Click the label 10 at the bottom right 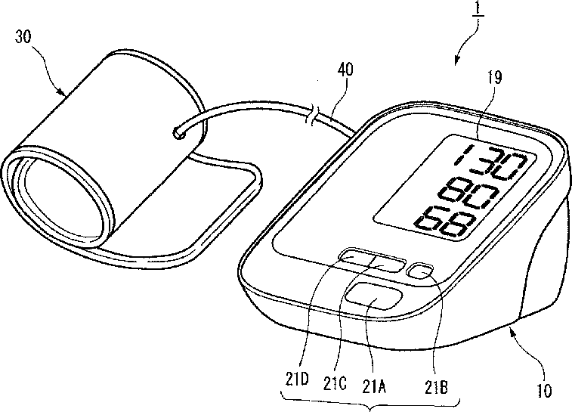pyautogui.click(x=544, y=392)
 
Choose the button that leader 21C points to pyautogui.click(x=385, y=265)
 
